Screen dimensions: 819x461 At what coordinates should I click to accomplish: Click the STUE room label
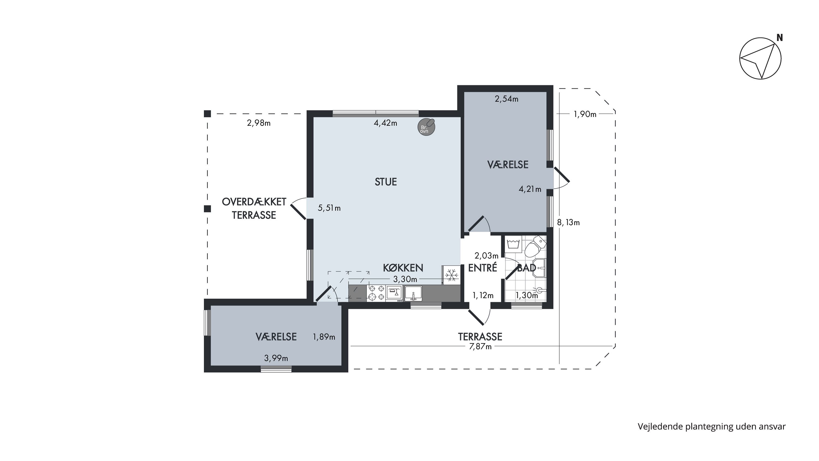tap(386, 182)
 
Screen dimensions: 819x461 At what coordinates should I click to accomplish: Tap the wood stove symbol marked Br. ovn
tap(426, 127)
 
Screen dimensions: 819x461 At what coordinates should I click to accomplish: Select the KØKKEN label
tap(403, 268)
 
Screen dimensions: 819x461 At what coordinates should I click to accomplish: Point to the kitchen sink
tap(413, 293)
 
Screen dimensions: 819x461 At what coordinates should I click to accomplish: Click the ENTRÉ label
tap(483, 268)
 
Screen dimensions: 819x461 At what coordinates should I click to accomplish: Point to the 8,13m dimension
tap(568, 222)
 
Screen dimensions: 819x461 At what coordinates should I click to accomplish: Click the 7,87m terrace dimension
tap(480, 347)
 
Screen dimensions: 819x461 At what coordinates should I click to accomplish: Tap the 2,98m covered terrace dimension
tap(259, 123)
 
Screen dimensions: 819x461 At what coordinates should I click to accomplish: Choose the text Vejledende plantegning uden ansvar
tap(711, 427)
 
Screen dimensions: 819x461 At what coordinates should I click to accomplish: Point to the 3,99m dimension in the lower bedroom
tap(276, 358)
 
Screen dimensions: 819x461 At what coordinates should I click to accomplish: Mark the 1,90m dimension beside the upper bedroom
tap(585, 114)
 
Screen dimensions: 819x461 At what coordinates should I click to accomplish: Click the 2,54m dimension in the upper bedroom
tap(506, 99)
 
